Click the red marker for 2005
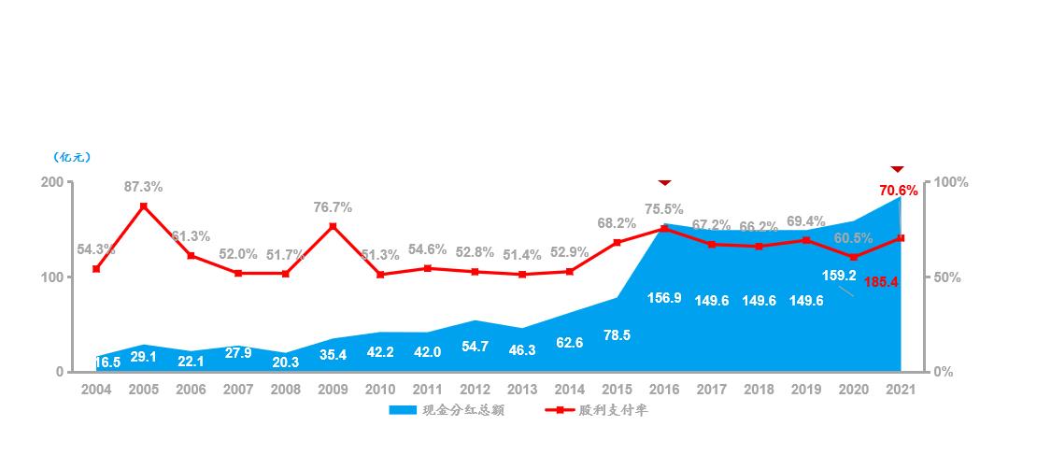[x=144, y=206]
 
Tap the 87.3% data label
[x=144, y=187]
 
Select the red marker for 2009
[x=333, y=226]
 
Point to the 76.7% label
[x=333, y=207]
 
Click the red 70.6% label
[x=899, y=191]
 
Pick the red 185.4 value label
[x=882, y=281]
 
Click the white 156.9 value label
[x=664, y=298]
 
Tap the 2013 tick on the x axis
[x=522, y=390]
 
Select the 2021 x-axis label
[x=900, y=390]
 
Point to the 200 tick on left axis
[x=52, y=183]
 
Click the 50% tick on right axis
[x=949, y=278]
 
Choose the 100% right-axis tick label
[x=952, y=183]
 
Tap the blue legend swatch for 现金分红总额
[x=402, y=410]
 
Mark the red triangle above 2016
[x=664, y=181]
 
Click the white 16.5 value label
[x=107, y=362]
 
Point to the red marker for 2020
[x=853, y=257]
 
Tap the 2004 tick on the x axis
[x=96, y=390]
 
